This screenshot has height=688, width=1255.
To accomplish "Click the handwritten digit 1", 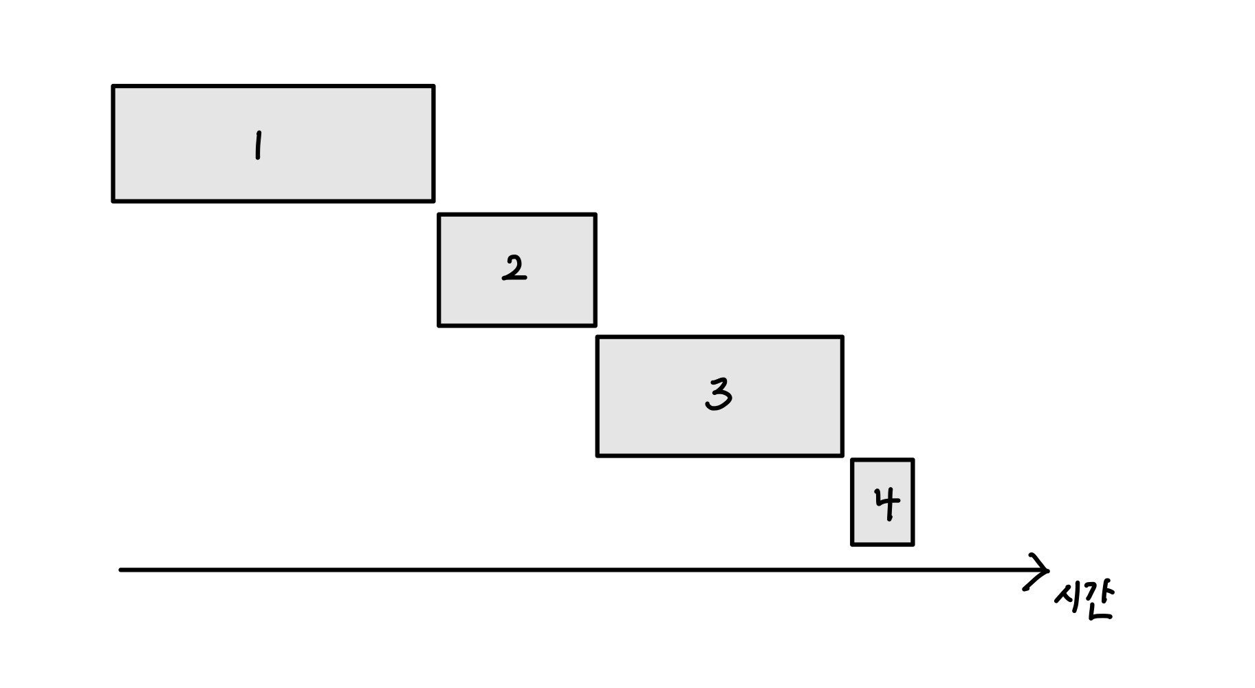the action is pyautogui.click(x=257, y=145).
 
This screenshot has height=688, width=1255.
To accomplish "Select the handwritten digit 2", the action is pyautogui.click(x=514, y=268).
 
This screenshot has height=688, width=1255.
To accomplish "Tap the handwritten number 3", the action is pyautogui.click(x=719, y=395).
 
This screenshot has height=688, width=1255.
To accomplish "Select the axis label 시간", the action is pyautogui.click(x=1082, y=601).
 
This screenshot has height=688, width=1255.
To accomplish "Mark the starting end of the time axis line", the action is pyautogui.click(x=122, y=570).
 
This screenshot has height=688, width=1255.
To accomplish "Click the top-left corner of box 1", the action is pyautogui.click(x=113, y=87).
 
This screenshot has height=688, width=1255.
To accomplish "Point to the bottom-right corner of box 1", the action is pyautogui.click(x=433, y=201).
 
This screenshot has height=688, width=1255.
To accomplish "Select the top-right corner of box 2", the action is pyautogui.click(x=595, y=215).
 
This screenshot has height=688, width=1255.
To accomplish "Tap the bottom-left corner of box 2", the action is pyautogui.click(x=439, y=325).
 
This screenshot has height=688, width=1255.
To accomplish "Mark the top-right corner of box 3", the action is pyautogui.click(x=842, y=337).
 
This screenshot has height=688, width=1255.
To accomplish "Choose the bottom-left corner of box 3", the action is pyautogui.click(x=598, y=455).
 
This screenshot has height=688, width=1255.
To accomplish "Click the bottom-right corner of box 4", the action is pyautogui.click(x=913, y=544).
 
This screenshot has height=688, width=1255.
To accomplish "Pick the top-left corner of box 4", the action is pyautogui.click(x=853, y=460).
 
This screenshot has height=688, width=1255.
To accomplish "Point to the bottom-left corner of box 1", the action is pyautogui.click(x=113, y=201).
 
